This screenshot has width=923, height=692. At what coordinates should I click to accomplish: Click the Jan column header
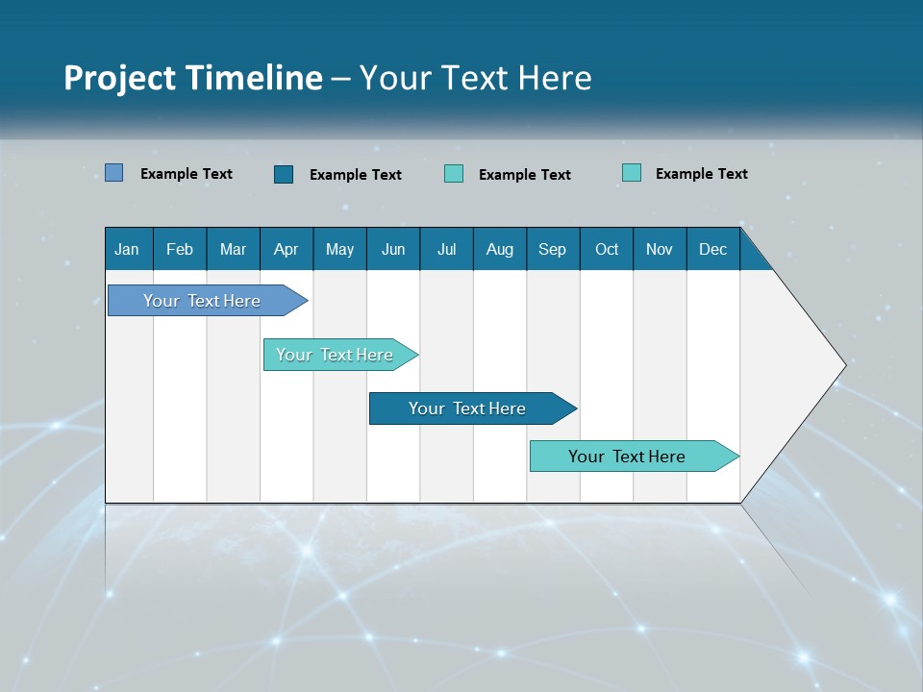coord(128,249)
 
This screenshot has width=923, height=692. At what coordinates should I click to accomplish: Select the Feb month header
coord(180,249)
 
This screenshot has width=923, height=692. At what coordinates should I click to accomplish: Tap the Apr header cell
coord(287,249)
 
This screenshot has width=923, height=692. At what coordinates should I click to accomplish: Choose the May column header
coord(339,249)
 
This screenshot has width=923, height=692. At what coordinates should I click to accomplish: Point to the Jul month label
coord(446,249)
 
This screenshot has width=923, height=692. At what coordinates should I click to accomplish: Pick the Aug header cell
coord(500,249)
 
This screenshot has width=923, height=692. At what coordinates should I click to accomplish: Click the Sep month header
coord(553,249)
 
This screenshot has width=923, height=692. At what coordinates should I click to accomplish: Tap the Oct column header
coord(607,249)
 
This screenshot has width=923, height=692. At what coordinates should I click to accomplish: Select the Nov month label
coord(660,249)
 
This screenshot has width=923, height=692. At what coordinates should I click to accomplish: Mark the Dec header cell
coord(713,249)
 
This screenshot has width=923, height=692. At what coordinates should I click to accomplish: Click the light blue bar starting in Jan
coord(203,301)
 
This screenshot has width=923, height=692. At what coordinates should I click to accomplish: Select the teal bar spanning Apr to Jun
coord(336,355)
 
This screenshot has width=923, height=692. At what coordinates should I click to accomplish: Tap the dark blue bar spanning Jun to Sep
coord(467,408)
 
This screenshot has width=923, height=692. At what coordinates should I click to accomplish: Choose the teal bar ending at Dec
coord(628,457)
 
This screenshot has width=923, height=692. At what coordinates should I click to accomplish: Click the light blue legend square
coord(114,173)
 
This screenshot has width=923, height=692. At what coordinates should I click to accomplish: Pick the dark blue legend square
coord(284,174)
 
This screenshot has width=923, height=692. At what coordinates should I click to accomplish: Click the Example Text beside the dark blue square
coord(356,175)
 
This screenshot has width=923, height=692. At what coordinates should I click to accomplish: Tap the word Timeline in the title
coord(254,78)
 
